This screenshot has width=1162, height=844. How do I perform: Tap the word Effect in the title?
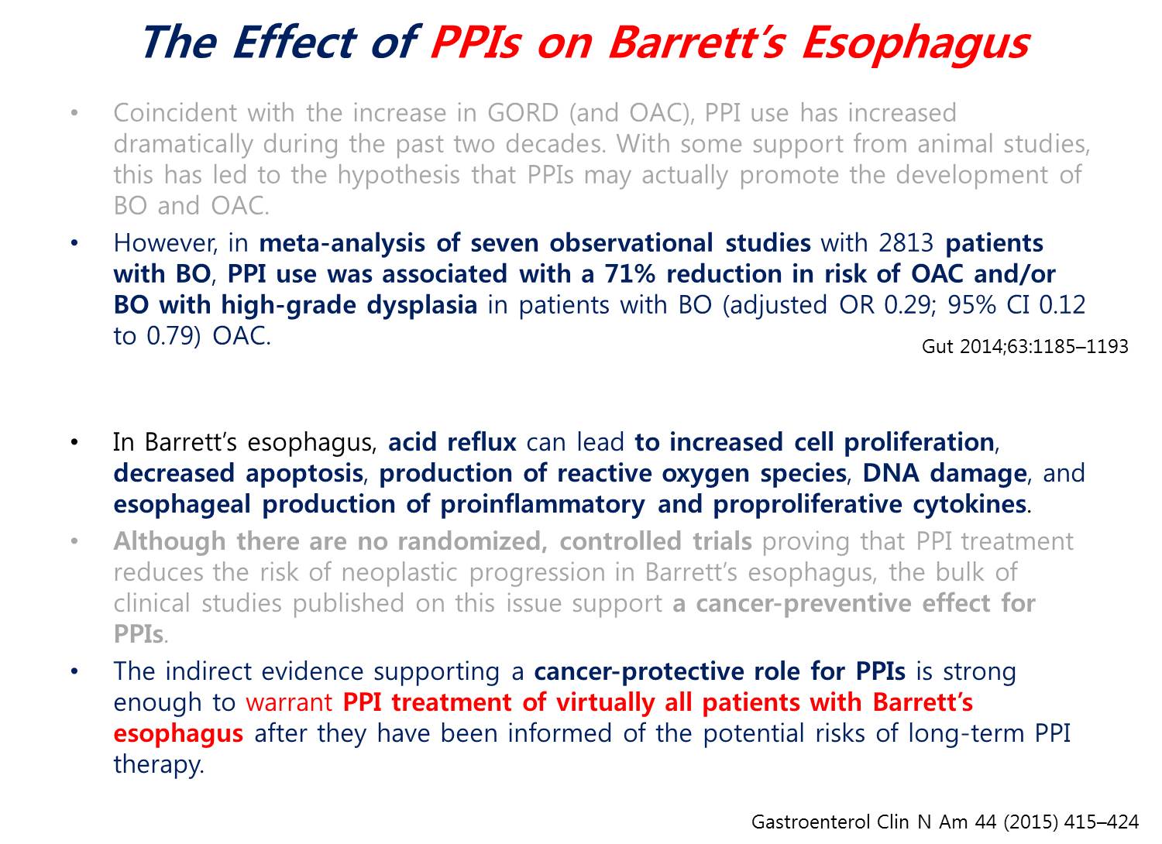tap(294, 42)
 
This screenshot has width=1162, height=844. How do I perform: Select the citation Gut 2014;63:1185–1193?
tap(1025, 346)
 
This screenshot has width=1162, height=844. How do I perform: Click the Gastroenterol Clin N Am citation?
tap(945, 822)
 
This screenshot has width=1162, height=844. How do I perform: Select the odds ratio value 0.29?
tap(907, 305)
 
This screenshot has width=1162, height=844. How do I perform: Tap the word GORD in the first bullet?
tap(522, 113)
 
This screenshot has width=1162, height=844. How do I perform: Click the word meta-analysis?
tap(342, 244)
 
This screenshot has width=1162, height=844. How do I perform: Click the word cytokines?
tap(969, 504)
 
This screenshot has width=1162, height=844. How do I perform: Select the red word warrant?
tap(288, 703)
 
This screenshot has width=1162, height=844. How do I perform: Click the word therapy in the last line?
tap(159, 766)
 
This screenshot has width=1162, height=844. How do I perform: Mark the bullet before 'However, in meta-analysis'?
tap(74, 242)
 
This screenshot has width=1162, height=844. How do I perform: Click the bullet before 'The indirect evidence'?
tap(74, 672)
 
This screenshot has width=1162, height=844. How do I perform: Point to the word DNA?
tap(891, 473)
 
